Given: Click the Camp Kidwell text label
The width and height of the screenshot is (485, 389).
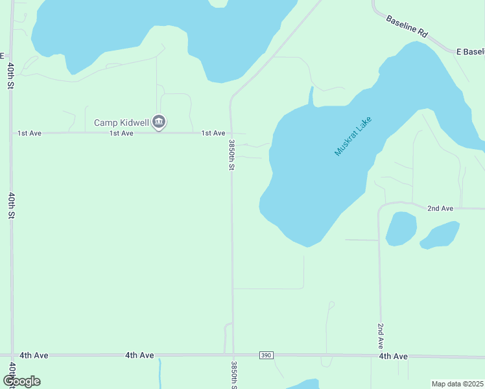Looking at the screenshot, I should [x=121, y=122].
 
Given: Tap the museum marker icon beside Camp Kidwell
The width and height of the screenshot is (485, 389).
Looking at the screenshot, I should [x=159, y=121].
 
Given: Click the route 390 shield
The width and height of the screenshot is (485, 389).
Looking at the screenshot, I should [x=266, y=355].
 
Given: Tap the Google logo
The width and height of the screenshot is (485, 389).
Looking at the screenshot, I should [x=21, y=381].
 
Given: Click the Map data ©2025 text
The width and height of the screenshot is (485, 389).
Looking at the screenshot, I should [x=457, y=384].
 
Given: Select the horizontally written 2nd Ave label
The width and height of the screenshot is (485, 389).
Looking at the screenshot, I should [x=440, y=208].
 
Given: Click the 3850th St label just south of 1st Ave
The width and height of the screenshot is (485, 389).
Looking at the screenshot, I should [x=231, y=154].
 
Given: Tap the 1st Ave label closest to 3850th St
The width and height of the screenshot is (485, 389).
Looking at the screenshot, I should [x=213, y=133].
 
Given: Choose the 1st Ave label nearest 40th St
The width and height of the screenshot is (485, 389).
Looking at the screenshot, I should [x=29, y=133].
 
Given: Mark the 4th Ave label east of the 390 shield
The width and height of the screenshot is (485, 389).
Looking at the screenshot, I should [x=393, y=356].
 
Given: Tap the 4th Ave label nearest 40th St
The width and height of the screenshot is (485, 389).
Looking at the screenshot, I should [x=34, y=355].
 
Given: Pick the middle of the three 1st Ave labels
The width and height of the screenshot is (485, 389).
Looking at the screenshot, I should [x=121, y=133].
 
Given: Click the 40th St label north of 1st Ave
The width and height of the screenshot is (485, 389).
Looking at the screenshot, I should [x=11, y=77].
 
